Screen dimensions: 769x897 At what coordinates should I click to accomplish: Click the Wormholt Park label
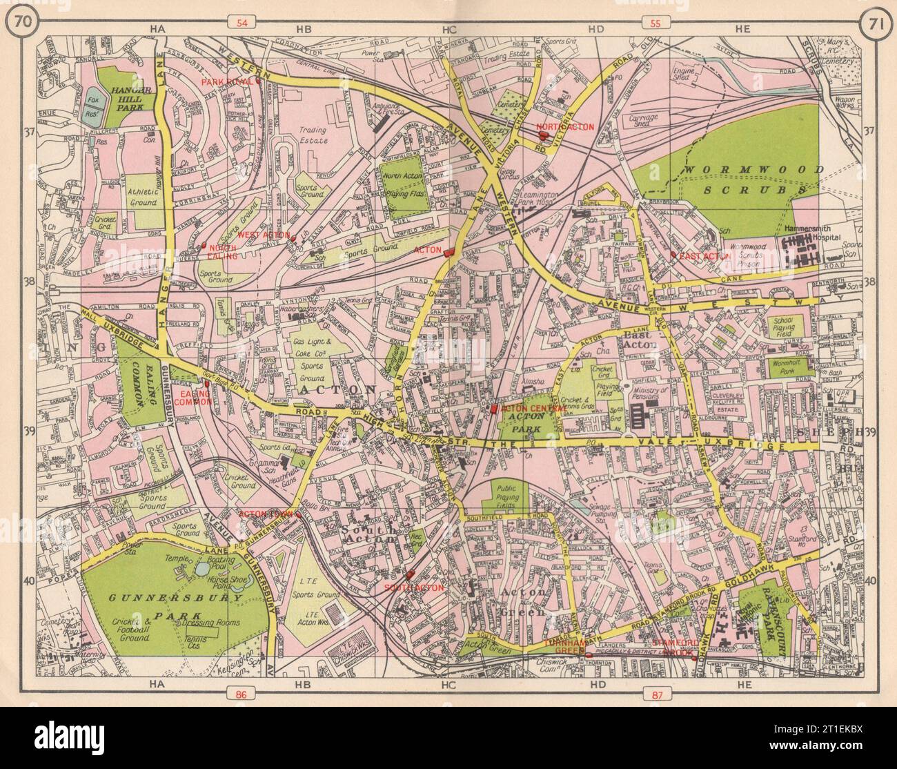tap(793, 365)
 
